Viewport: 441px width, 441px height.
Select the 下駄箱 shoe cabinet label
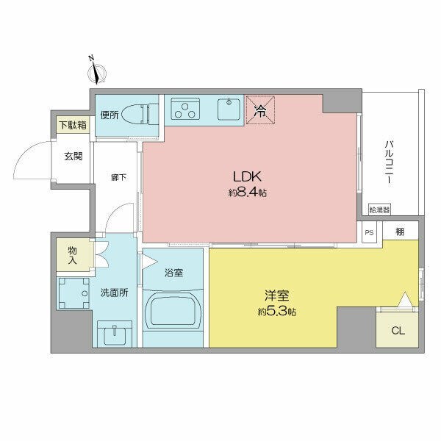coord(73,126)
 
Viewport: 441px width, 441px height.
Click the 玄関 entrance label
coord(73,156)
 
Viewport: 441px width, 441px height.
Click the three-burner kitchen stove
coord(185,111)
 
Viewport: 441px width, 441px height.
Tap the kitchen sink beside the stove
coord(229,111)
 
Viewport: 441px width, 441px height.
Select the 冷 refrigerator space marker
coord(259,112)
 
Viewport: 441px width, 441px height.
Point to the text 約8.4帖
coord(248,194)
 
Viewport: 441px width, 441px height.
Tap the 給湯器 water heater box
coord(380,210)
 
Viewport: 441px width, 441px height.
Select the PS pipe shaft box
coord(369,232)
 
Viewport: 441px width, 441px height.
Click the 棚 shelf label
coord(399,232)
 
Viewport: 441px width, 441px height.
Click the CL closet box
coord(397,329)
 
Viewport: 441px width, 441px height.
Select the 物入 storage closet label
coord(72,254)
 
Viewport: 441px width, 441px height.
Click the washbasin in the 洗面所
coord(115,334)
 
